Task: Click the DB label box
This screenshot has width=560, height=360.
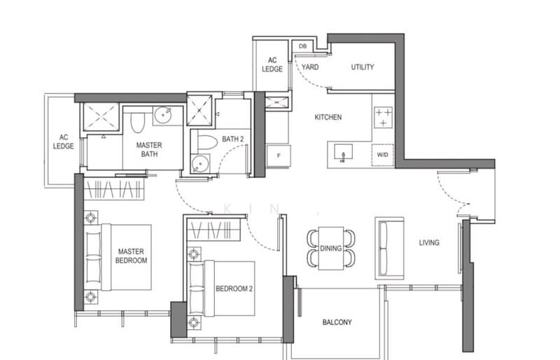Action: pyautogui.click(x=302, y=46)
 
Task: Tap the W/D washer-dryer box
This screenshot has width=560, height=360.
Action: pyautogui.click(x=382, y=155)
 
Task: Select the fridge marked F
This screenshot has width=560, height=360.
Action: pyautogui.click(x=279, y=156)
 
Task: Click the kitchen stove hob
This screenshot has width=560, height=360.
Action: pyautogui.click(x=383, y=117)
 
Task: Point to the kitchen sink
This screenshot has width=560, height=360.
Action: pyautogui.click(x=343, y=152)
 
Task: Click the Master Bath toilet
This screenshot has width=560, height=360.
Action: pyautogui.click(x=137, y=123)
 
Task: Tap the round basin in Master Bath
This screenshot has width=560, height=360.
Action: pyautogui.click(x=163, y=115)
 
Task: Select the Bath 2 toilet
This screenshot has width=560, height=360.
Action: pyautogui.click(x=207, y=142)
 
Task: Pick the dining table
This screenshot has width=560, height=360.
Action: pyautogui.click(x=330, y=248)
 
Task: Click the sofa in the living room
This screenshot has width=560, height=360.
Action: pyautogui.click(x=389, y=248)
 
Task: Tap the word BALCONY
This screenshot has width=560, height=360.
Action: pyautogui.click(x=337, y=322)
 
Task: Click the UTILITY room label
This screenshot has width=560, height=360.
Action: pyautogui.click(x=363, y=67)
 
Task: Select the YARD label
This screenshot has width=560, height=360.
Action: pyautogui.click(x=310, y=67)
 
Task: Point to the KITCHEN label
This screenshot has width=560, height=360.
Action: pyautogui.click(x=328, y=117)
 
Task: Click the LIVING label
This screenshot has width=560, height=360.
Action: pyautogui.click(x=429, y=243)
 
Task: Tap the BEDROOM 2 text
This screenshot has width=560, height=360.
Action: pyautogui.click(x=234, y=289)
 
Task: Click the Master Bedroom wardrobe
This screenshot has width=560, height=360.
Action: pyautogui.click(x=114, y=189)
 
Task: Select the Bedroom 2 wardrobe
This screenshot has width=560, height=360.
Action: pyautogui.click(x=213, y=230)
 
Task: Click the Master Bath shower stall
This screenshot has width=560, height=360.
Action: pyautogui.click(x=101, y=116)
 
